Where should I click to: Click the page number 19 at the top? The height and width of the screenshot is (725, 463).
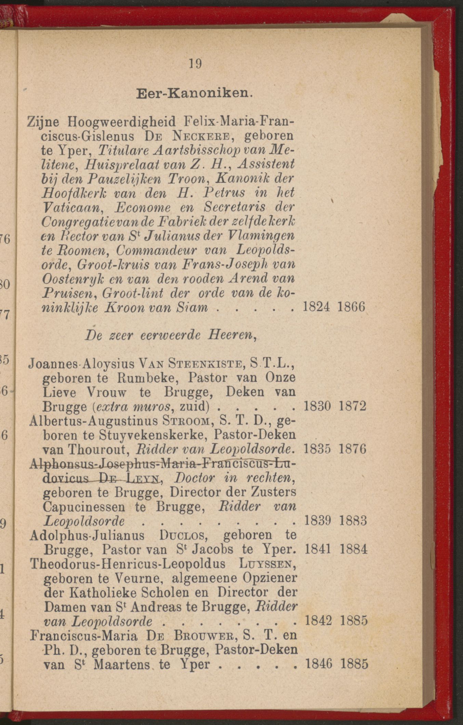196,64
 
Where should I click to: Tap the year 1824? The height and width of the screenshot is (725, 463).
316,306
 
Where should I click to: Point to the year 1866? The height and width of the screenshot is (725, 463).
351,306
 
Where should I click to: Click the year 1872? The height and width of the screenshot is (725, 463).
352,406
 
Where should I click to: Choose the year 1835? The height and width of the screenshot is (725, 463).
317,449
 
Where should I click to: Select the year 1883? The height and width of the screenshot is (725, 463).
353,521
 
